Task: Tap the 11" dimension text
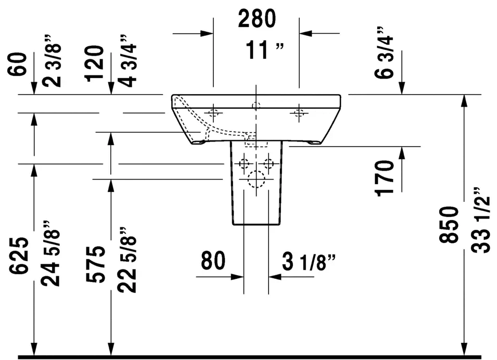pos(265,50)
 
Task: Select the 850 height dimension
pos(449,224)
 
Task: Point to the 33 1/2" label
pos(480,220)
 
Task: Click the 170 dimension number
pos(385,178)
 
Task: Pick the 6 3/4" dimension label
pos(384,53)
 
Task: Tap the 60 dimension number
pos(18,65)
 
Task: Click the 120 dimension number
pos(94,63)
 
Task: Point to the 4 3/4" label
pos(127,61)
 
